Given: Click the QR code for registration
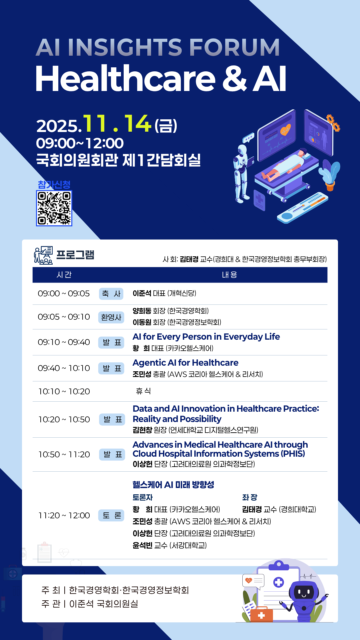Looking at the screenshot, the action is click(54, 208).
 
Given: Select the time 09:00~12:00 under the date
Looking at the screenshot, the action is click(80, 143).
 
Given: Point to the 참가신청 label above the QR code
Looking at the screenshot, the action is click(54, 184).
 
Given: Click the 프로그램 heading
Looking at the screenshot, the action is click(75, 255).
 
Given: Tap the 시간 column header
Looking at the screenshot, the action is click(64, 275).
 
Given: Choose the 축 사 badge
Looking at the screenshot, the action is click(111, 294).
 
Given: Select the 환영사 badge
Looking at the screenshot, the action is click(111, 317).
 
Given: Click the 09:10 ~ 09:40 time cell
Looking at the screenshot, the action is click(64, 342).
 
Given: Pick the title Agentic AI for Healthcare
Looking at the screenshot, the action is click(185, 363).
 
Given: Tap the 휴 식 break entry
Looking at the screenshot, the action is click(143, 391).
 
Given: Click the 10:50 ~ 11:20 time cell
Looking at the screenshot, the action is click(64, 454).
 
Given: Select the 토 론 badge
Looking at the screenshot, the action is click(111, 515).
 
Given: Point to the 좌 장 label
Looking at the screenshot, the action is click(250, 497).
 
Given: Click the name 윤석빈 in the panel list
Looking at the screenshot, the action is click(142, 545).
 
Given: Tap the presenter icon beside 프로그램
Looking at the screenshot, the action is click(43, 255).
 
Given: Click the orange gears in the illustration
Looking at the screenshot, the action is click(333, 123).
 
